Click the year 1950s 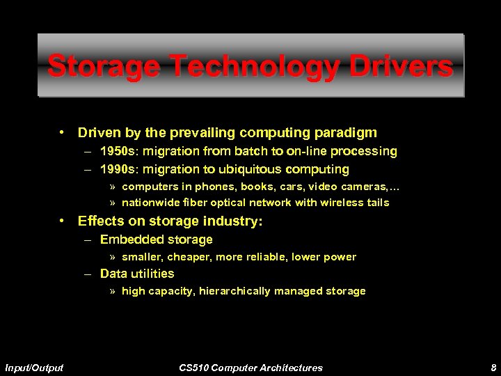[118, 151]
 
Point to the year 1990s [118, 169]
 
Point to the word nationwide [148, 203]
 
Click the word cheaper [182, 257]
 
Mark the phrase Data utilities [137, 274]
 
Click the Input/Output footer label [33, 367]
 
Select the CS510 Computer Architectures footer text [250, 367]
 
